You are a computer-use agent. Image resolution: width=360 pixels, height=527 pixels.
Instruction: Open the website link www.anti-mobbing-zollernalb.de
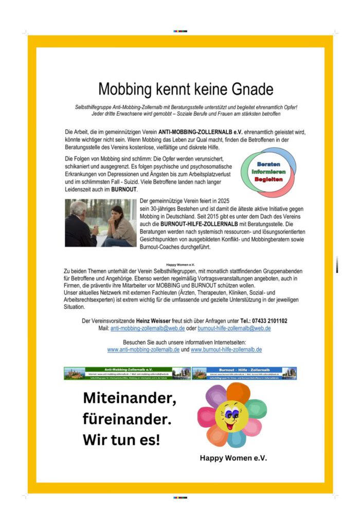tap(143, 349)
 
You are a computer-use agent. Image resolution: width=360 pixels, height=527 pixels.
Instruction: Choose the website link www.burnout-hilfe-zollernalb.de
tap(226, 349)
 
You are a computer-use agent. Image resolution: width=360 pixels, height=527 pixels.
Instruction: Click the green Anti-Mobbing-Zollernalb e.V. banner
tap(127, 373)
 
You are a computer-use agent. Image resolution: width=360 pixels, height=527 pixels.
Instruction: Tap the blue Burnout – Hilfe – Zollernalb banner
tap(244, 373)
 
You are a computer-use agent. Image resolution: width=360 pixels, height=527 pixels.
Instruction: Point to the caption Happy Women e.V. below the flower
tap(233, 458)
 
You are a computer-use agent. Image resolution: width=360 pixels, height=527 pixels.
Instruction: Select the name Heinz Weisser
tap(154, 321)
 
